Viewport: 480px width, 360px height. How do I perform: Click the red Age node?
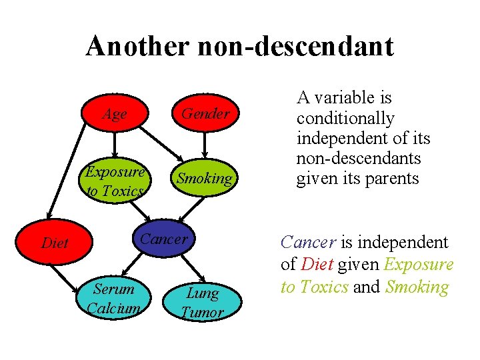tap(115, 114)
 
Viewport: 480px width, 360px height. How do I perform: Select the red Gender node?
tap(205, 114)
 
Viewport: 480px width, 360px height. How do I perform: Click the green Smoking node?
tap(204, 179)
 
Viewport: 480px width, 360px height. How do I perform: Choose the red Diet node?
tap(55, 243)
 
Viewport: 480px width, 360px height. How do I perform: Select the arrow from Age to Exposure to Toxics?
tap(115, 146)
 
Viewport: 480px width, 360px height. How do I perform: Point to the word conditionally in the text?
tap(345, 119)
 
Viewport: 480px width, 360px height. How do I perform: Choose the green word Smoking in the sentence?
tap(417, 287)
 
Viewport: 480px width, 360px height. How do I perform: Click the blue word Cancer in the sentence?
tap(304, 242)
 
